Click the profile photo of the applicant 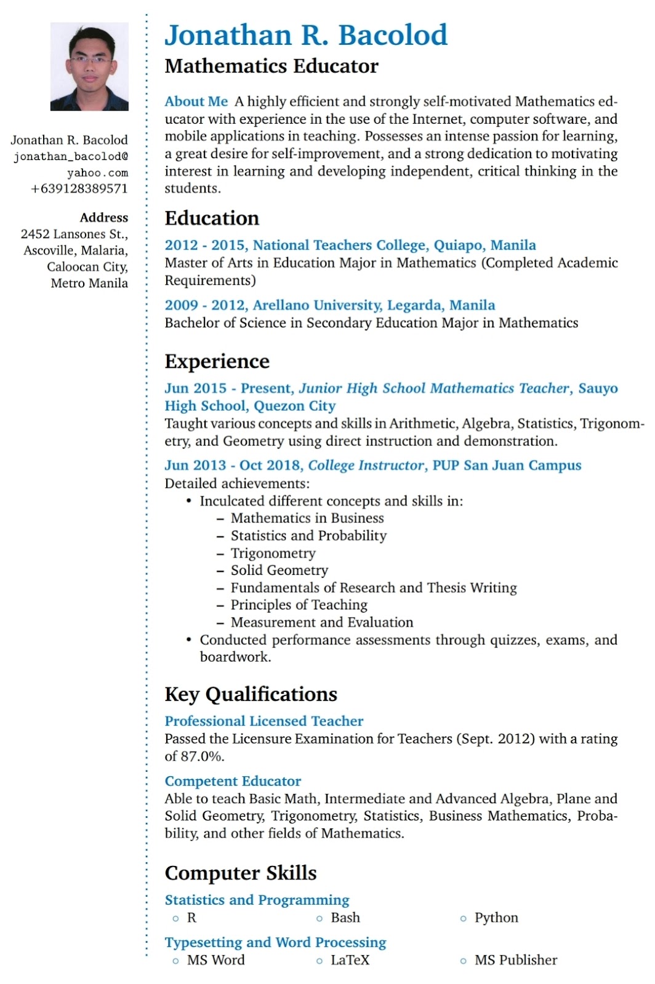coord(89,66)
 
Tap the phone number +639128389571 coord(79,189)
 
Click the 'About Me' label coord(196,101)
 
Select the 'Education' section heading coord(212,218)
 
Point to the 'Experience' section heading coord(217,362)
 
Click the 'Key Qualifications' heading coord(251,694)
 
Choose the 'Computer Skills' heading coord(240,873)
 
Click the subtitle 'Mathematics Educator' coord(271,66)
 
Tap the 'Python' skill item coord(496,918)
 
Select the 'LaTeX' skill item coord(350,961)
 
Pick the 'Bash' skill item coord(345,918)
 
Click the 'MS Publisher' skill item coord(515,961)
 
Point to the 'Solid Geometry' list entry coord(279,571)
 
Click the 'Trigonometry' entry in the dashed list coord(273,553)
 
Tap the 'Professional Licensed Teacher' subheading coord(263,721)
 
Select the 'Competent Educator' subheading coord(233,781)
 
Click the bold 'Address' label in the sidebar coord(103,218)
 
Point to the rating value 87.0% coord(202,756)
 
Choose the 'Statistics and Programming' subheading coord(257,900)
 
